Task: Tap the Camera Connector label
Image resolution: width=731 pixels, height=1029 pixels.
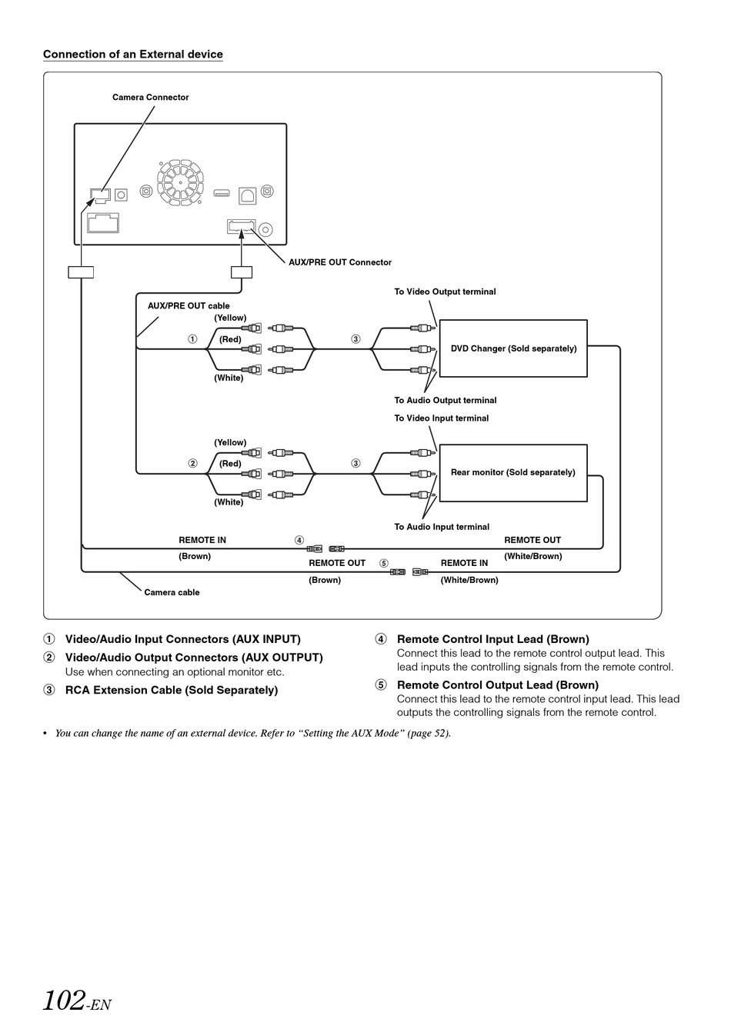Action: point(150,98)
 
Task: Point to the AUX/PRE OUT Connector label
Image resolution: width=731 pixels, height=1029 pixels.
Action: point(340,262)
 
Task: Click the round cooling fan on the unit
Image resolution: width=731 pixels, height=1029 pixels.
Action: point(180,182)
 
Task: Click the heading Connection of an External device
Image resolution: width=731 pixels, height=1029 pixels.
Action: point(133,54)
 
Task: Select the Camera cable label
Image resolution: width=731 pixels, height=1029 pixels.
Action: point(172,592)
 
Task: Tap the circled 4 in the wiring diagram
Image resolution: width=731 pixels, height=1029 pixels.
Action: point(299,540)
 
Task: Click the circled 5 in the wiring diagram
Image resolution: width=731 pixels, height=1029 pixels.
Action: point(384,563)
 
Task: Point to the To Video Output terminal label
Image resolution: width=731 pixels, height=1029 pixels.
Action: point(445,291)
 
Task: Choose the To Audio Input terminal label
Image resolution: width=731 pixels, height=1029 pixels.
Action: point(442,527)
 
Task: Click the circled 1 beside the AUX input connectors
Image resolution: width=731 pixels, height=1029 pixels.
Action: point(192,339)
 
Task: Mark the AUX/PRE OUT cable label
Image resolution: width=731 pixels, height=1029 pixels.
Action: point(189,306)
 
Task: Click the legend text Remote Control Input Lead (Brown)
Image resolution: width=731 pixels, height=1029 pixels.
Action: point(493,639)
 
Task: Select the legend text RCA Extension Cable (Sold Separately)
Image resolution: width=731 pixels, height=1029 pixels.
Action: point(172,690)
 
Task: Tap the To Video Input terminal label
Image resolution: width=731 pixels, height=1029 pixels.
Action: point(442,418)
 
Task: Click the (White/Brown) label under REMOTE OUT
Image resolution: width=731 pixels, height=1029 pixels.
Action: point(533,556)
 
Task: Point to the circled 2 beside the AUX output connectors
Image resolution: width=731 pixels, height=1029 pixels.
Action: point(192,464)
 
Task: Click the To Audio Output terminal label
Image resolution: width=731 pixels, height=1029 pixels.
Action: point(446,400)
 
